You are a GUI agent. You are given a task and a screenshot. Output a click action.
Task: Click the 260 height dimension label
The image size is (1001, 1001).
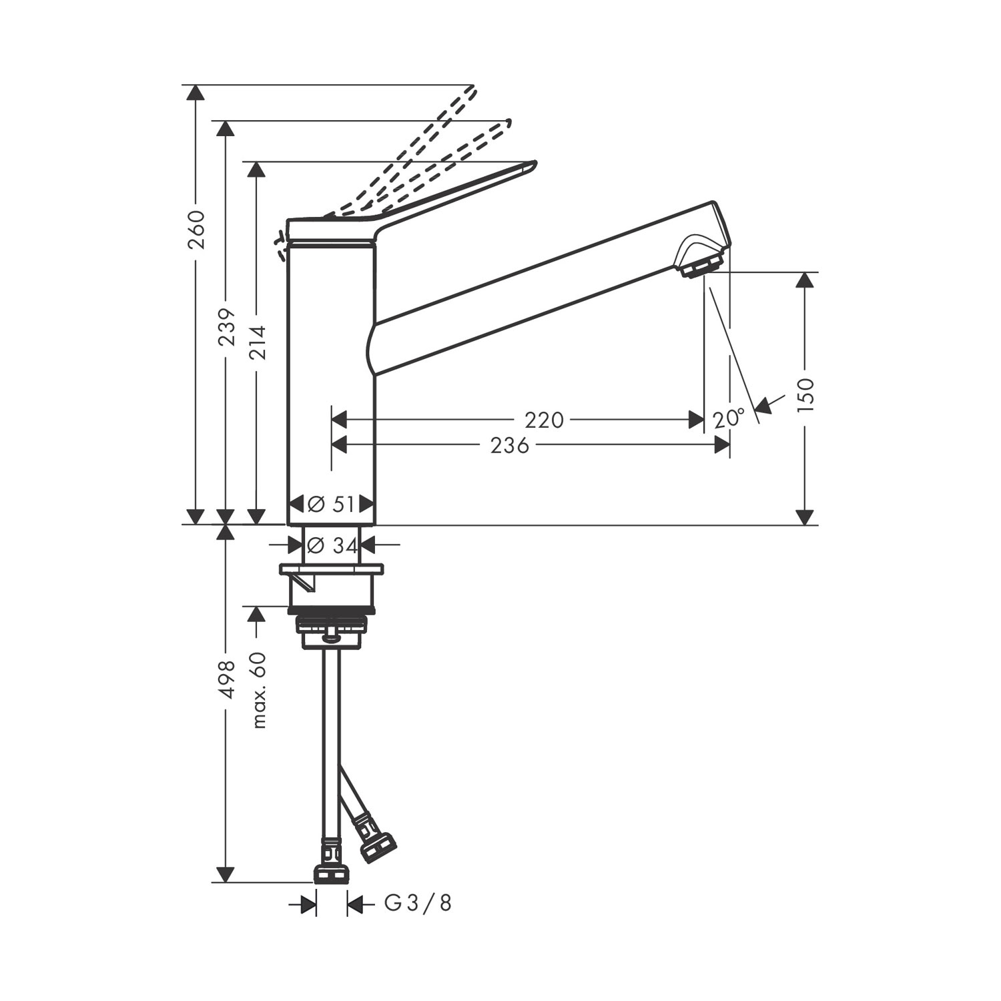(x=196, y=230)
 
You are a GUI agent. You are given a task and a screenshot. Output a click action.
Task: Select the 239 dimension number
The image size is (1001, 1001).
(x=228, y=326)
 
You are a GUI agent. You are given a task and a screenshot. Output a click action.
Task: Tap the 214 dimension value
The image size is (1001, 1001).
(x=258, y=342)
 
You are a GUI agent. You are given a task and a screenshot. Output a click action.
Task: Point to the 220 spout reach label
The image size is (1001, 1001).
(x=544, y=420)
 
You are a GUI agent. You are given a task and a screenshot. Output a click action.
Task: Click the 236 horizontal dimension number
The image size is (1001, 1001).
(x=510, y=445)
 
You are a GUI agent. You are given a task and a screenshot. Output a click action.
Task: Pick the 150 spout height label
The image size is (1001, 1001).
(x=806, y=395)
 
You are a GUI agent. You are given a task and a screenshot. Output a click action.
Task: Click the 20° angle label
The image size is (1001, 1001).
(x=728, y=418)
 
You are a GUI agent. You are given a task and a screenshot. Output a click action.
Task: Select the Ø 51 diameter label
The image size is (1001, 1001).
(x=332, y=505)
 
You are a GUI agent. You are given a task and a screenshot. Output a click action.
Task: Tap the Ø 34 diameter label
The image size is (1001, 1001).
(x=333, y=545)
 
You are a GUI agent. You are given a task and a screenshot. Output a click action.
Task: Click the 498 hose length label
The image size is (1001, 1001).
(x=228, y=679)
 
